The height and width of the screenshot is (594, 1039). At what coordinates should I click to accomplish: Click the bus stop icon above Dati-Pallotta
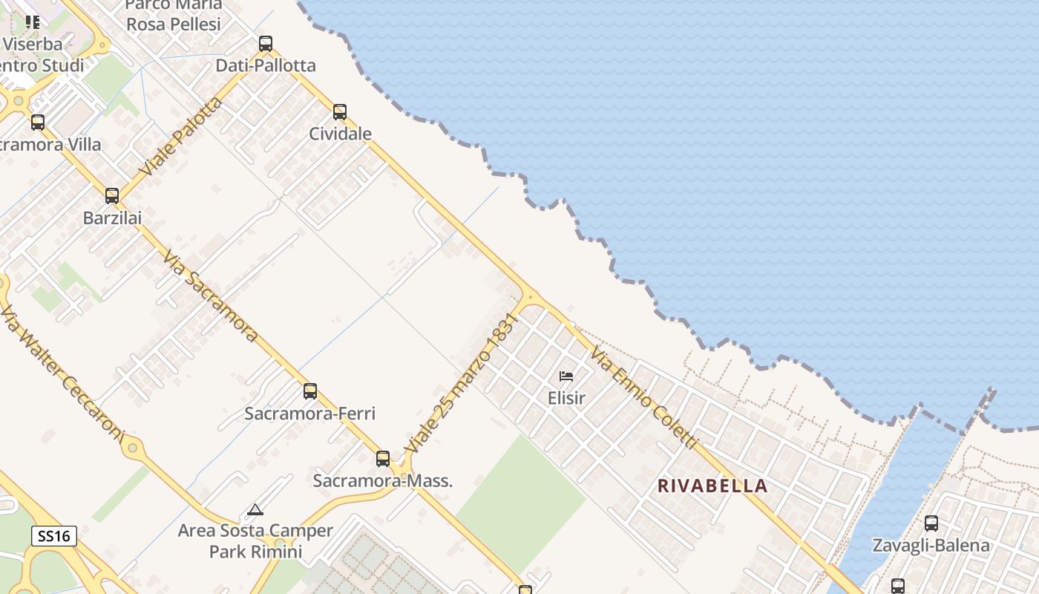(x=265, y=44)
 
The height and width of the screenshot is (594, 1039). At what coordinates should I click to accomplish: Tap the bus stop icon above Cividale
(x=339, y=112)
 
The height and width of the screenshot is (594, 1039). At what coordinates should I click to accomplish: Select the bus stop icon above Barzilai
(x=111, y=196)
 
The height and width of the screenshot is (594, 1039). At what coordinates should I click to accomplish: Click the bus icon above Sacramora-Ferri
(x=309, y=391)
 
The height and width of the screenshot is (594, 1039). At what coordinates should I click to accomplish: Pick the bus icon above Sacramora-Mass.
(x=382, y=459)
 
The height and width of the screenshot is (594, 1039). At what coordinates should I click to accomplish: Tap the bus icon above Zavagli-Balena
(x=931, y=523)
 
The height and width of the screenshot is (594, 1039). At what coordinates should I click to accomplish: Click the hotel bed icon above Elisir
(x=566, y=376)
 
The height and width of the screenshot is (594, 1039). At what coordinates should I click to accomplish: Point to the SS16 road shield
(x=54, y=535)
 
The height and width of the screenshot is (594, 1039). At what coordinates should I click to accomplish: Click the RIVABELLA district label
(x=712, y=486)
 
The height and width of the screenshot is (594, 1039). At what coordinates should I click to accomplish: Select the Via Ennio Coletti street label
(x=644, y=399)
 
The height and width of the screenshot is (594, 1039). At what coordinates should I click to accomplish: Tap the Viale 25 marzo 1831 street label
(x=459, y=384)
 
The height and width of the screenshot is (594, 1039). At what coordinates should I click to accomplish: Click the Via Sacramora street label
(x=210, y=296)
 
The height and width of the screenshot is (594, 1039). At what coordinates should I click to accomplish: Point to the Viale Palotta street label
(x=180, y=137)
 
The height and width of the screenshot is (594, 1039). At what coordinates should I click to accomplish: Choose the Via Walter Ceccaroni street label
(x=61, y=373)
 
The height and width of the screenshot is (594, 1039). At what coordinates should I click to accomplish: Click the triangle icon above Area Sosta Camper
(x=255, y=510)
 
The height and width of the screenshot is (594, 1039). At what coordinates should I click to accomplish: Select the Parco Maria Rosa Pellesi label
(x=173, y=15)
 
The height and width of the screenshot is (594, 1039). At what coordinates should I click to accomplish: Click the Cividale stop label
(x=340, y=134)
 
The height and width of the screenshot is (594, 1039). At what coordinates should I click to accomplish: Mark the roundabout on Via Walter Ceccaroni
(x=132, y=447)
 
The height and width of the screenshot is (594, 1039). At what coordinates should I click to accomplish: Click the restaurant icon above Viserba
(x=32, y=22)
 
